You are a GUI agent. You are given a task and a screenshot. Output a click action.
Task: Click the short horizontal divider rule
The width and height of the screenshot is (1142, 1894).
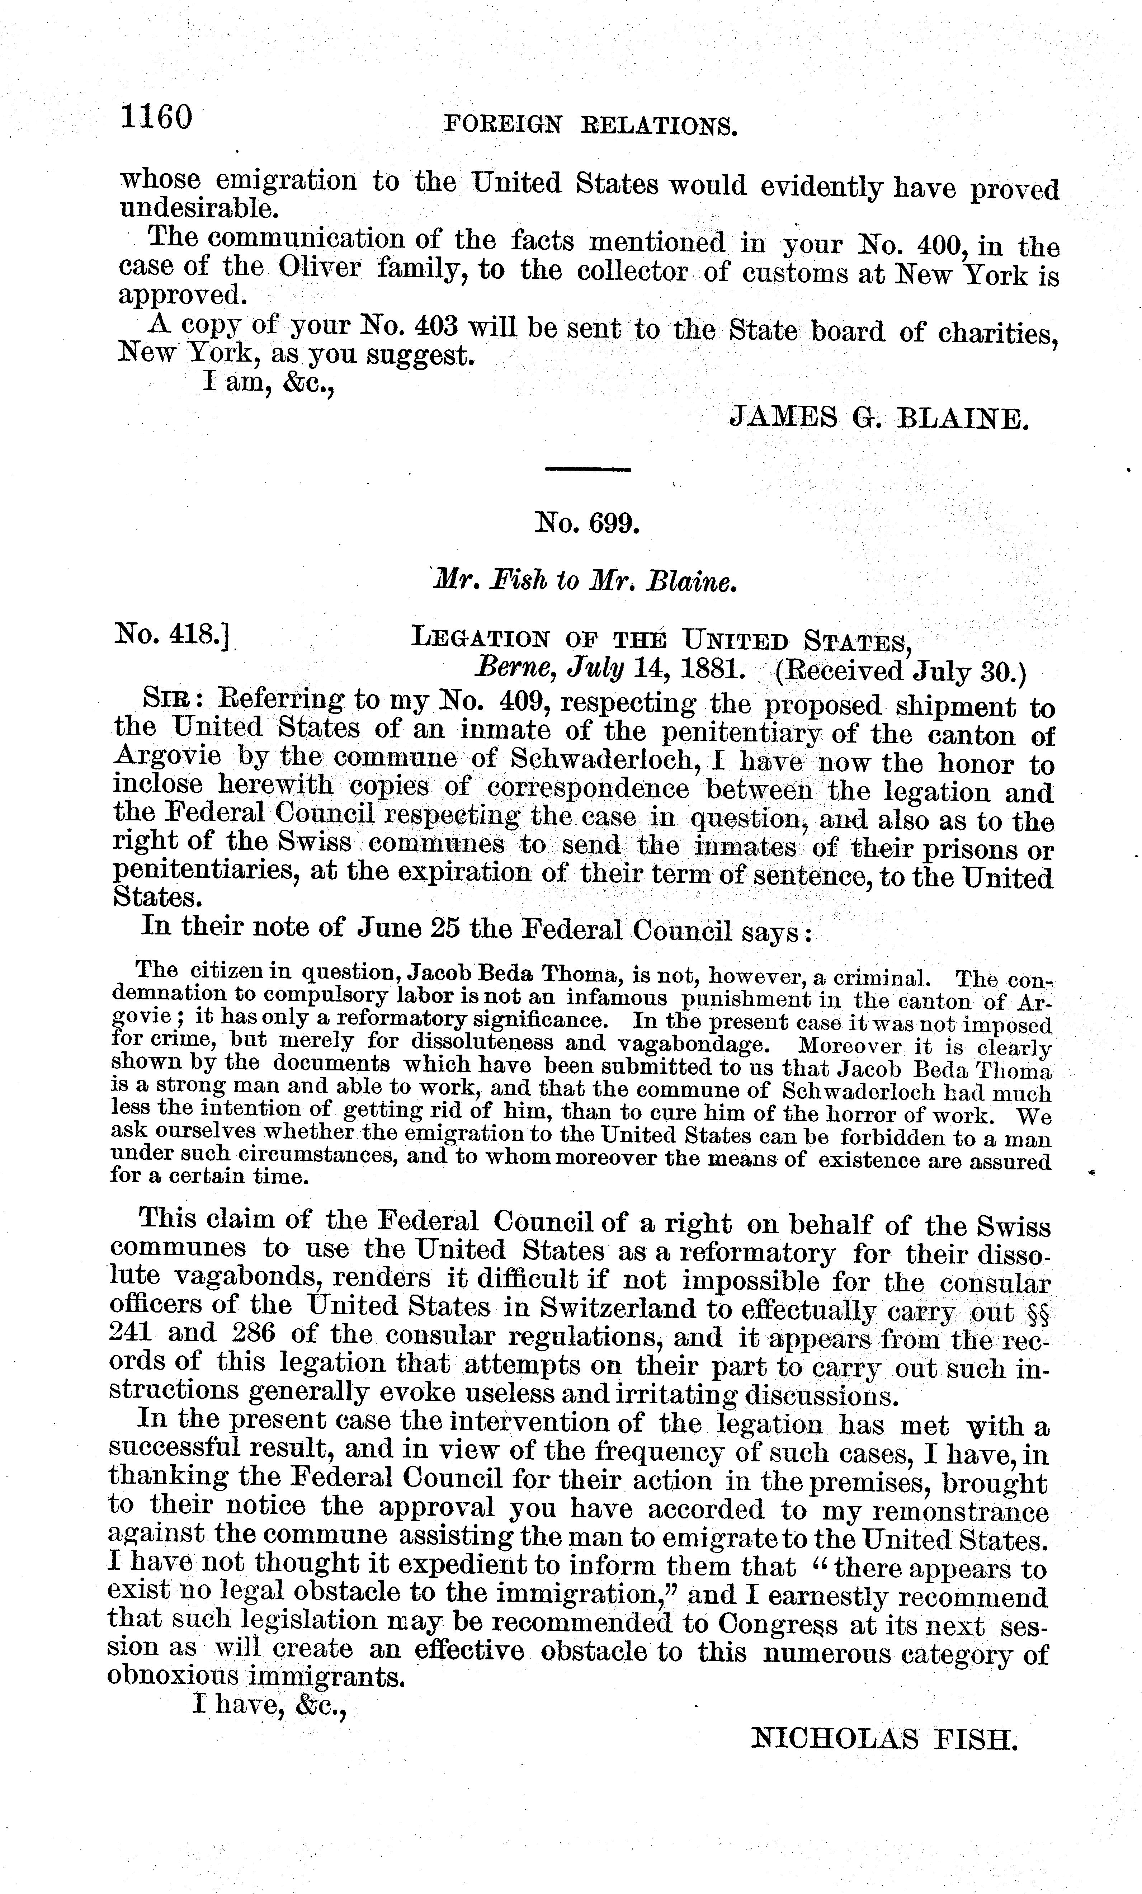pos(586,469)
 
